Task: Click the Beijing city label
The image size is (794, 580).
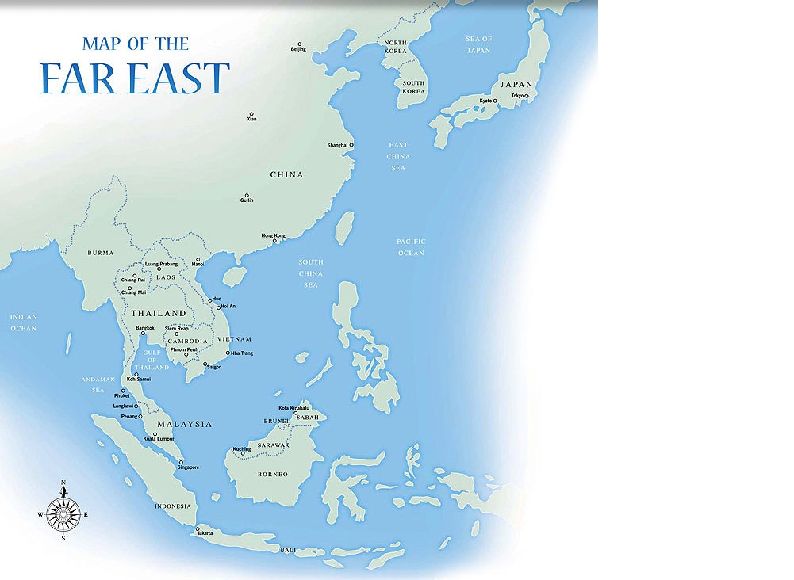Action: click(x=298, y=50)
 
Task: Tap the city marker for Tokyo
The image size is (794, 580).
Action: click(x=526, y=96)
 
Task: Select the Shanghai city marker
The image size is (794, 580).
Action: click(x=351, y=145)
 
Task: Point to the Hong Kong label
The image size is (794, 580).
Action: click(x=273, y=236)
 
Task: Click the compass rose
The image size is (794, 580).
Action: click(x=63, y=513)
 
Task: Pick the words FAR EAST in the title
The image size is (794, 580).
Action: click(x=135, y=78)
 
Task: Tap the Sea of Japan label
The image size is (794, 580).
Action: click(x=479, y=44)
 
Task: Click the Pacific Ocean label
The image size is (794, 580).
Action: click(x=412, y=247)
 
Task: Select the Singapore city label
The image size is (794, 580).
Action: click(x=188, y=467)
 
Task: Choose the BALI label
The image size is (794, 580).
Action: click(x=289, y=549)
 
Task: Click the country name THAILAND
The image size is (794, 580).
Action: click(x=159, y=314)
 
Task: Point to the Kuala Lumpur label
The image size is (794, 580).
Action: click(x=153, y=439)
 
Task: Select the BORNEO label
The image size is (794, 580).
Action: click(x=273, y=474)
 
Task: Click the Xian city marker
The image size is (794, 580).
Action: click(x=251, y=114)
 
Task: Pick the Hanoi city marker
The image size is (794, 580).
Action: click(x=198, y=259)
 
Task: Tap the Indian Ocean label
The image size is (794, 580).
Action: click(x=23, y=322)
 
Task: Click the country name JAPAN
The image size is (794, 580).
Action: click(x=516, y=85)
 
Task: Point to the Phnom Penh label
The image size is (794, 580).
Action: click(x=184, y=349)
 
